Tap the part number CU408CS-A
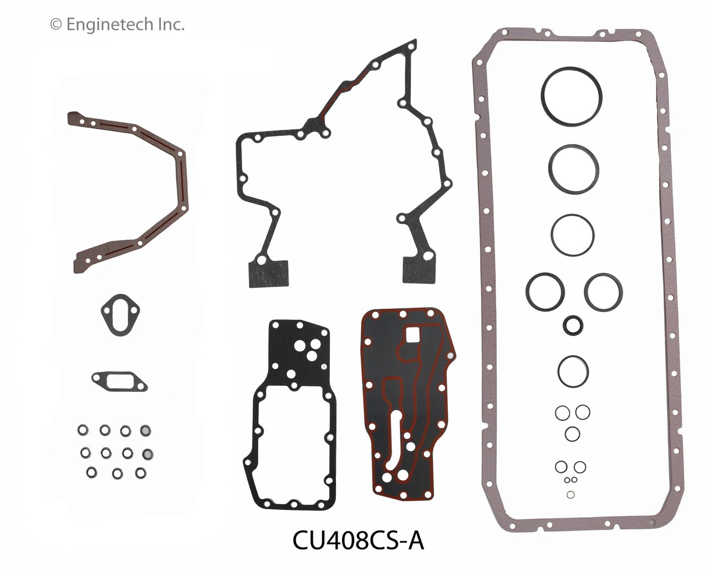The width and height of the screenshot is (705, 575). pyautogui.click(x=358, y=541)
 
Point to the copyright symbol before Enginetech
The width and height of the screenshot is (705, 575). pyautogui.click(x=55, y=24)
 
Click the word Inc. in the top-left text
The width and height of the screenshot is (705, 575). pyautogui.click(x=171, y=24)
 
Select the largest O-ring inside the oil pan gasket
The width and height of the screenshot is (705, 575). pyautogui.click(x=571, y=97)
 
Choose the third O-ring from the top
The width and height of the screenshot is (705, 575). pyautogui.click(x=572, y=235)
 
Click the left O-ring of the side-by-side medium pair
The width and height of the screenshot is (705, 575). pyautogui.click(x=545, y=292)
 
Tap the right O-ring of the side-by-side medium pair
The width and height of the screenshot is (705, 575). pyautogui.click(x=603, y=292)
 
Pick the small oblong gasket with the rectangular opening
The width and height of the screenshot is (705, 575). pyautogui.click(x=119, y=380)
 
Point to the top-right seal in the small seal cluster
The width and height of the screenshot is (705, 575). pyautogui.click(x=145, y=430)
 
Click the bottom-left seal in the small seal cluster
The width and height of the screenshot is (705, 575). pyautogui.click(x=92, y=472)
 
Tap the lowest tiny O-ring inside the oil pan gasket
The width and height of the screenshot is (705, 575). pyautogui.click(x=571, y=495)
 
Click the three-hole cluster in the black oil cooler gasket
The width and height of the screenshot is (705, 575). pyautogui.click(x=307, y=347)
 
